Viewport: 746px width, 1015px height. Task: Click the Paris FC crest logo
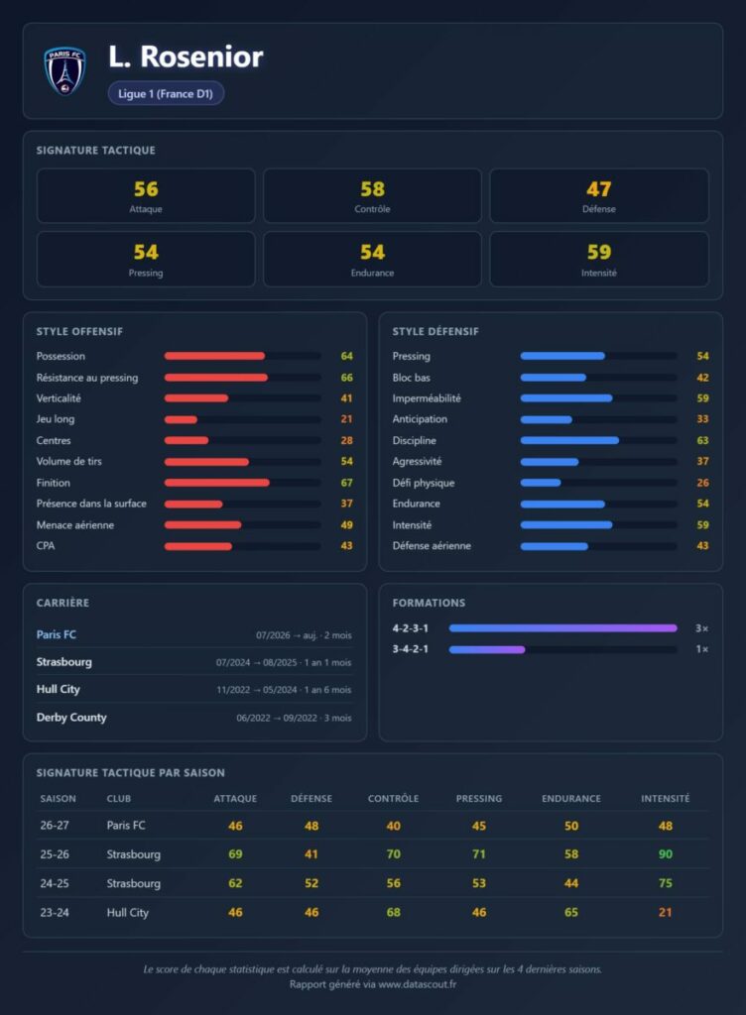(x=64, y=71)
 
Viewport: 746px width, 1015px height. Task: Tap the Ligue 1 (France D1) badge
(x=166, y=93)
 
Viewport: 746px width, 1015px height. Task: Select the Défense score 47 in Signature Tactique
(x=599, y=189)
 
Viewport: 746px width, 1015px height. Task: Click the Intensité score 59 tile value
(x=599, y=252)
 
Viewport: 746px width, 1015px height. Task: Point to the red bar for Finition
(x=217, y=483)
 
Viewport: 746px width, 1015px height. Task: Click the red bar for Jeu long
(x=181, y=419)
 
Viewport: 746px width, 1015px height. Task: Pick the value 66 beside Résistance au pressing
(x=347, y=378)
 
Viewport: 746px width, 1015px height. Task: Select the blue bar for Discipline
(x=569, y=440)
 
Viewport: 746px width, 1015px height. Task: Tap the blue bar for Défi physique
(x=541, y=483)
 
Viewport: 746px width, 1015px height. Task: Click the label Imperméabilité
(x=427, y=398)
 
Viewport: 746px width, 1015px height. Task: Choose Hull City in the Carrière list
(x=59, y=689)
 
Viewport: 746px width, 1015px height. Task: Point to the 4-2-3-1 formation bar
(x=562, y=627)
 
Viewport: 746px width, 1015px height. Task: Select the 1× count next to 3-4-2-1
(x=702, y=649)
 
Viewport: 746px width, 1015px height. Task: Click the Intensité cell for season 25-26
(x=665, y=853)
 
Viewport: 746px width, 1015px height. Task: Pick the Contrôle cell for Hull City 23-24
(x=393, y=912)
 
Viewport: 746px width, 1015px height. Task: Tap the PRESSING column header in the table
(x=478, y=799)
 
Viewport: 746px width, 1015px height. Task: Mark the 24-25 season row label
(x=55, y=883)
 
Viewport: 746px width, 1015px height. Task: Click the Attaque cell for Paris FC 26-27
(x=235, y=826)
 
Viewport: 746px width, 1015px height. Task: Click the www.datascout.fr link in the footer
(x=417, y=984)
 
